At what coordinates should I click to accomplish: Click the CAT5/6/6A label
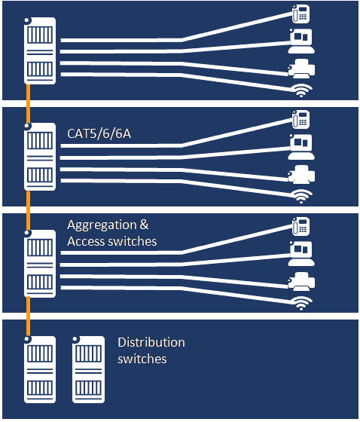tap(99, 134)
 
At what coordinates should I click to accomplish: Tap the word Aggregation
tap(102, 225)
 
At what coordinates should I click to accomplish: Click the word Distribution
tap(151, 343)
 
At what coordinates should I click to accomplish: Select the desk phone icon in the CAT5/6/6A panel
tap(301, 120)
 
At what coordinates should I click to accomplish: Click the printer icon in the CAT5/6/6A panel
tap(301, 175)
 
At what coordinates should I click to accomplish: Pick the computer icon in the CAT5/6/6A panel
tap(301, 147)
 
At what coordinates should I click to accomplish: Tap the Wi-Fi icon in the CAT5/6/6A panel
tap(301, 197)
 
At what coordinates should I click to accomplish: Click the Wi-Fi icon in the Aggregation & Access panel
tap(301, 303)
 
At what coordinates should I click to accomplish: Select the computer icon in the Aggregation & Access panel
tap(301, 253)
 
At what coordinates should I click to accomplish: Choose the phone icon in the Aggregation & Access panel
tap(301, 226)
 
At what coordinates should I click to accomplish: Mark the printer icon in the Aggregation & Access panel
tap(301, 282)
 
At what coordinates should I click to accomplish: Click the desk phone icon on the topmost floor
tap(301, 14)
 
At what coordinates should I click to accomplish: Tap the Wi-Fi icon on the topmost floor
tap(301, 90)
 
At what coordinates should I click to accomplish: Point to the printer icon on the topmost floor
tap(301, 69)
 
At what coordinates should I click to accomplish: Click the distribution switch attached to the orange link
tap(40, 369)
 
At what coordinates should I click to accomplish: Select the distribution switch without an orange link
tap(88, 369)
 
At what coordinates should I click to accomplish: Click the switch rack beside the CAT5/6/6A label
tap(40, 157)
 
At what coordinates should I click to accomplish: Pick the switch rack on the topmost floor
tap(40, 51)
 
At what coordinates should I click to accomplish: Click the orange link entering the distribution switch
tap(28, 316)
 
